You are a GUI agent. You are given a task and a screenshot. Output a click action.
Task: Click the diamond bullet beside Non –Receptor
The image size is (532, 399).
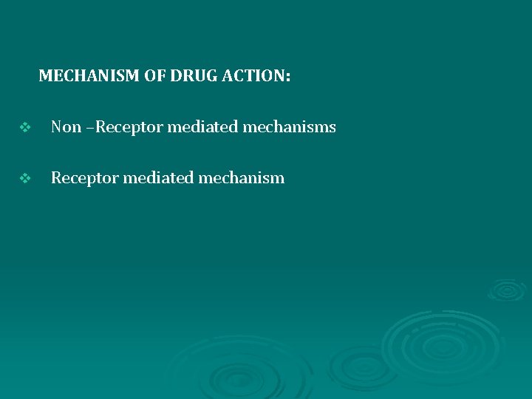[x=24, y=128]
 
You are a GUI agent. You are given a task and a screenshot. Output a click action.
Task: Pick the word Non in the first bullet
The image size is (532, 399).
[x=66, y=127]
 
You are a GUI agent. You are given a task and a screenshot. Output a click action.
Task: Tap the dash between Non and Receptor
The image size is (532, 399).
[x=91, y=128]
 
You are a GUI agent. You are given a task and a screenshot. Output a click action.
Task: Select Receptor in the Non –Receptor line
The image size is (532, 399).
[x=129, y=127]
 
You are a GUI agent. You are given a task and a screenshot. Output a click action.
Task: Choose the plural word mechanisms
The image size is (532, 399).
[x=289, y=127]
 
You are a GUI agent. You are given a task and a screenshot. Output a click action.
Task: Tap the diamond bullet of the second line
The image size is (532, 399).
[x=24, y=178]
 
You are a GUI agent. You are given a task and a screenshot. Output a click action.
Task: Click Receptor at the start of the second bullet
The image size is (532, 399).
[x=84, y=178]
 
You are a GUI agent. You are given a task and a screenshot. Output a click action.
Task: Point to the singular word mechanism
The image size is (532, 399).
[x=241, y=178]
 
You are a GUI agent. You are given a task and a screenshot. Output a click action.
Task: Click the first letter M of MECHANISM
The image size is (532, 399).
[x=44, y=75]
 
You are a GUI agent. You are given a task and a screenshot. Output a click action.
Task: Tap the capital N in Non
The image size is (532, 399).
[x=56, y=127]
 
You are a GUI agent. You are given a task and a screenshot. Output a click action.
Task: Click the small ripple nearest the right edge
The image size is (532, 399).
[x=507, y=290]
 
